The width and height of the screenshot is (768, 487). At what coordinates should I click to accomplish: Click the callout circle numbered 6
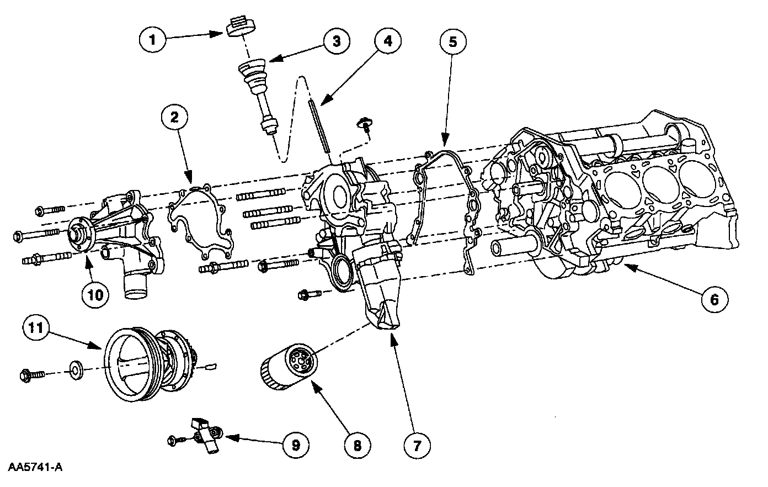click(x=714, y=299)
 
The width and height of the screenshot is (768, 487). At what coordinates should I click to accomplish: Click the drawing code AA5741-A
click(x=35, y=467)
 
